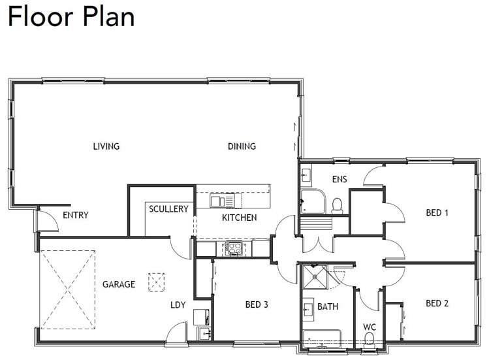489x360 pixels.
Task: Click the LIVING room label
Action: point(106,146)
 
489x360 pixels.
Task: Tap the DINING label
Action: point(242,146)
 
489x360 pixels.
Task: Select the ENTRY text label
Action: point(75,216)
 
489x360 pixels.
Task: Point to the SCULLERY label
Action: point(168,209)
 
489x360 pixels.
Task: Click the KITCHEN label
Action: point(239,218)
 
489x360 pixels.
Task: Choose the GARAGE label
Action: point(119,284)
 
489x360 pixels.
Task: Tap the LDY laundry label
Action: point(178,304)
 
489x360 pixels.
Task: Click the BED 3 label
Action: point(257,304)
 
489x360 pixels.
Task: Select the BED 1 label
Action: point(437,212)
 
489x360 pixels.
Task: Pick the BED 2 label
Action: point(437,303)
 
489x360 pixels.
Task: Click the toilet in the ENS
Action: point(338,206)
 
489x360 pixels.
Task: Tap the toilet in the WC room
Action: point(369,340)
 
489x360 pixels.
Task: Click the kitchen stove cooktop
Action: point(234,248)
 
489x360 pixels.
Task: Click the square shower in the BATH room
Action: point(315,279)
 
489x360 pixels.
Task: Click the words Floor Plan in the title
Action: point(71,16)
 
